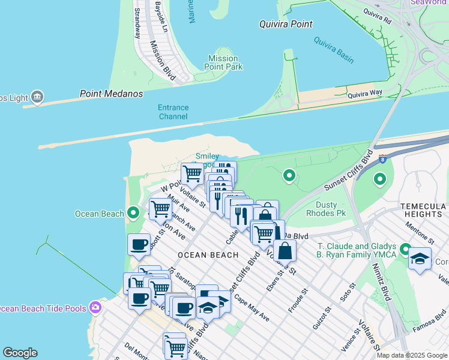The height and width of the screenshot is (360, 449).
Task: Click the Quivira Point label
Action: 286,25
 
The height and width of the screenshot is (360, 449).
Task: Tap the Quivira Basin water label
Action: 334,50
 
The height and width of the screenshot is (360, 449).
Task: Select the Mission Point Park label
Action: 223,62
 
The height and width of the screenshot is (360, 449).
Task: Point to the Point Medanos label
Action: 112,94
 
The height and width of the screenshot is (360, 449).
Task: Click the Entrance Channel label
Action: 173,112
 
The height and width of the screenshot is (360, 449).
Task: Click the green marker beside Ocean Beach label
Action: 133,214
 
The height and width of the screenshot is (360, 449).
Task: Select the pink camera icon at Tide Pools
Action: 95,308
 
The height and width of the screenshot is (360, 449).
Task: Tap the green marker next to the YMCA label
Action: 405,249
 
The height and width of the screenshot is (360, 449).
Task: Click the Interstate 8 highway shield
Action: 382,158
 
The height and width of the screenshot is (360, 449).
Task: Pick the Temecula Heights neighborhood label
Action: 424,210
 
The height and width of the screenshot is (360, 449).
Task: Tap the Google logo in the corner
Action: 20,353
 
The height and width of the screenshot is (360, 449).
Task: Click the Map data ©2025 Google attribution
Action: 412,355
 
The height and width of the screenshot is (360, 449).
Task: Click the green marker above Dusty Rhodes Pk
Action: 289,176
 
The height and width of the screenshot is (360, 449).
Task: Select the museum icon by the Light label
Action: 37,96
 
